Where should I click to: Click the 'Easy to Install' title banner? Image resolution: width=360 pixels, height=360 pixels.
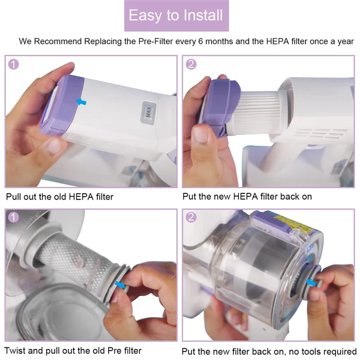coord(176,16)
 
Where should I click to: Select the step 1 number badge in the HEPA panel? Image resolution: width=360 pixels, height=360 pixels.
coord(13,64)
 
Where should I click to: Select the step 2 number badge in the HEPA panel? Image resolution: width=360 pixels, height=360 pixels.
coord(191,64)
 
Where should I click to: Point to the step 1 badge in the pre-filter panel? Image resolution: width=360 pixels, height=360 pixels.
coord(13,217)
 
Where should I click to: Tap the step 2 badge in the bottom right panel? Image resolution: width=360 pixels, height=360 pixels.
coord(191,217)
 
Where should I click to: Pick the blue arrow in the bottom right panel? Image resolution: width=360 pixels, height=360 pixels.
coord(311,283)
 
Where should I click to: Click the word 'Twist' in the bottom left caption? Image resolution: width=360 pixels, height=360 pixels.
coord(15,351)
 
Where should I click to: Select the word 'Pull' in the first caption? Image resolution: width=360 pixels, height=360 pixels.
coord(14,197)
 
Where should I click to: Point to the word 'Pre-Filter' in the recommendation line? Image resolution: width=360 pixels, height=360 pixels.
coord(155,41)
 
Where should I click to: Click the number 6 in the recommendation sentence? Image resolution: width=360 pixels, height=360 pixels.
coord(201,41)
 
